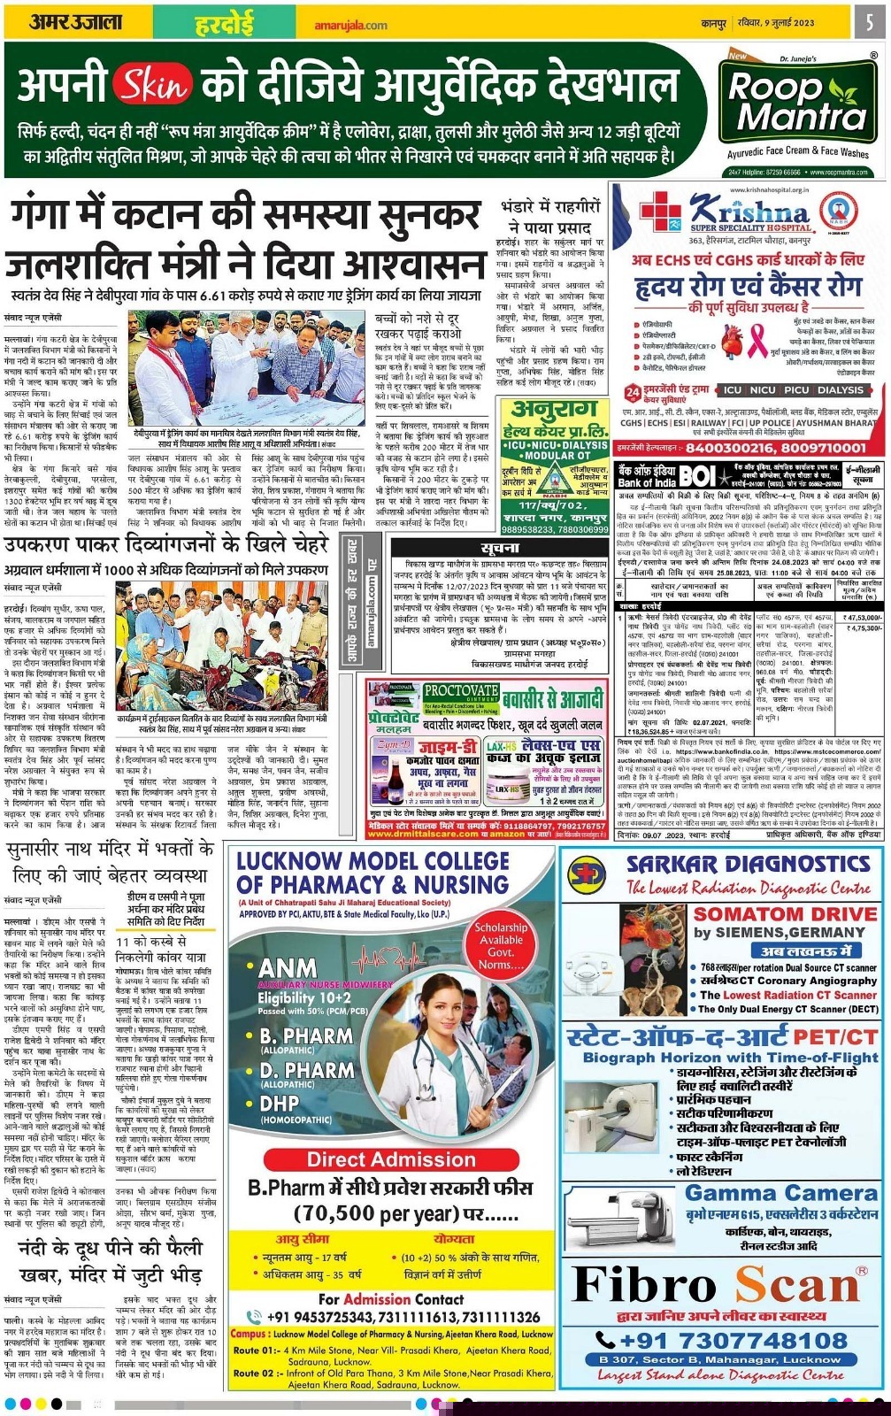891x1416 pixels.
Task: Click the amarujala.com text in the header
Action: click(350, 25)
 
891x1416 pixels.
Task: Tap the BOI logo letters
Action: click(696, 476)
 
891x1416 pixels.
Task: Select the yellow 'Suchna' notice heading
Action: click(501, 549)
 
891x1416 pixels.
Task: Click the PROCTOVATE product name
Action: click(461, 690)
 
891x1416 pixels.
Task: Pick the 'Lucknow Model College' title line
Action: click(373, 861)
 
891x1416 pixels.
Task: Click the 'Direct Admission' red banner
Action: click(390, 1159)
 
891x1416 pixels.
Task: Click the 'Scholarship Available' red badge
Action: click(501, 945)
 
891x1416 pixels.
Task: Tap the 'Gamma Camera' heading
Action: click(780, 1193)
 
